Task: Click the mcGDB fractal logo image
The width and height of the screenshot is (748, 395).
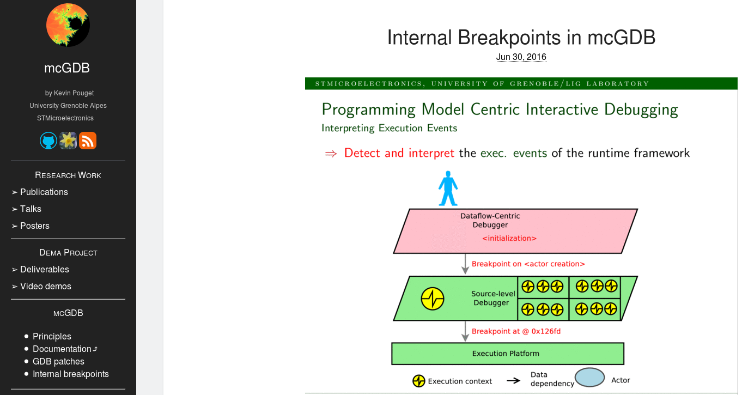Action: pyautogui.click(x=68, y=25)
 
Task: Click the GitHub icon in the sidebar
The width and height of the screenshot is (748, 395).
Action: pyautogui.click(x=48, y=141)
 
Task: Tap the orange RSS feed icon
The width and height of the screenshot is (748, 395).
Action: pyautogui.click(x=88, y=141)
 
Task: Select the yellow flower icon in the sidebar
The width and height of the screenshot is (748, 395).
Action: pyautogui.click(x=68, y=141)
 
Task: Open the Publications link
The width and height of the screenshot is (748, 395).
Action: pyautogui.click(x=44, y=192)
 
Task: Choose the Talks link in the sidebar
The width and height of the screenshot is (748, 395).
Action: pyautogui.click(x=31, y=209)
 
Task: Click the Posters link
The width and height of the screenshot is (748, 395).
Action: pyautogui.click(x=35, y=226)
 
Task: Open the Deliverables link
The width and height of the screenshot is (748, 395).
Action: pyautogui.click(x=45, y=269)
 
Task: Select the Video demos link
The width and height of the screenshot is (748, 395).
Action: pyautogui.click(x=46, y=286)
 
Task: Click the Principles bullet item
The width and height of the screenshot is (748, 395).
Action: pyautogui.click(x=52, y=336)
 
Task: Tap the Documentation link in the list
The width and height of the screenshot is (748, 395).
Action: pyautogui.click(x=62, y=349)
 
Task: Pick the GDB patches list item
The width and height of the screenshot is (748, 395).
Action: pyautogui.click(x=58, y=361)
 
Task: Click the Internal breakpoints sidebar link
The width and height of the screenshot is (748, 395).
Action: pyautogui.click(x=71, y=374)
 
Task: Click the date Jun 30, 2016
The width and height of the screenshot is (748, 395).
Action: pyautogui.click(x=521, y=57)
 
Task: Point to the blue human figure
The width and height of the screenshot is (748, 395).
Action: pyautogui.click(x=448, y=189)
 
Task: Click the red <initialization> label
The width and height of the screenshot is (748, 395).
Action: pyautogui.click(x=509, y=238)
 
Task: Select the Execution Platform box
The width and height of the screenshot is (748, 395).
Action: pyautogui.click(x=507, y=354)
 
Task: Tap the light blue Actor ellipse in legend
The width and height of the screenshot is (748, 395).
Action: pyautogui.click(x=590, y=378)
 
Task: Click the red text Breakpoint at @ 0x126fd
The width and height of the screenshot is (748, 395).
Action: pyautogui.click(x=516, y=331)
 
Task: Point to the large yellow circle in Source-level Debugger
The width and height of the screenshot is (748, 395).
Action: pyautogui.click(x=433, y=299)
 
